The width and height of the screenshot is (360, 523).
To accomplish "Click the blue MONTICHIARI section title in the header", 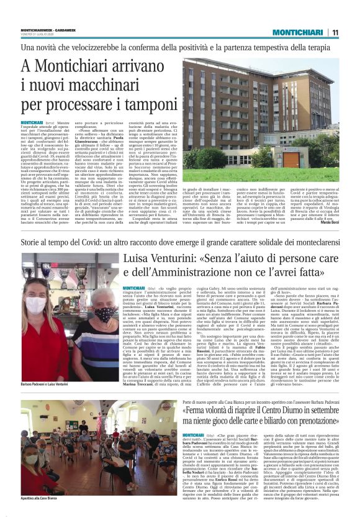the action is coord(298,32).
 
